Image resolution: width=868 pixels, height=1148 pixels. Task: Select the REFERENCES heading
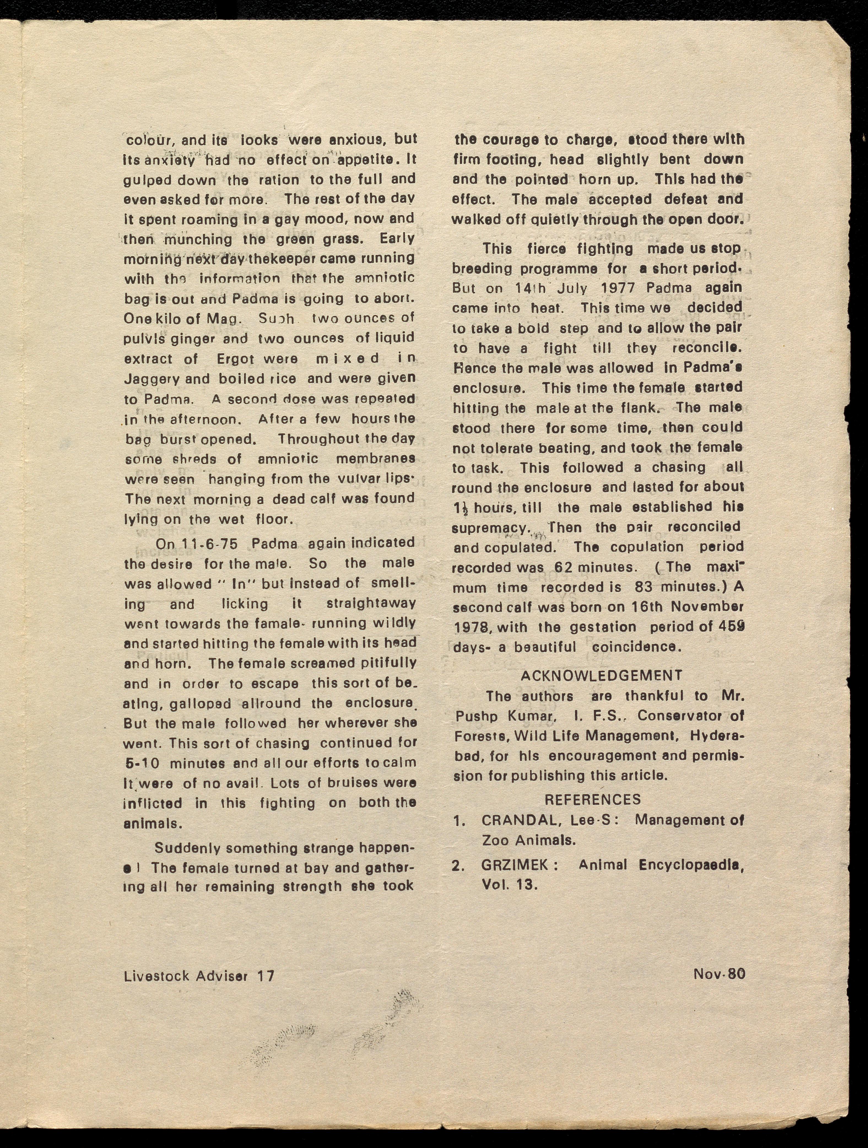(x=593, y=799)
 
